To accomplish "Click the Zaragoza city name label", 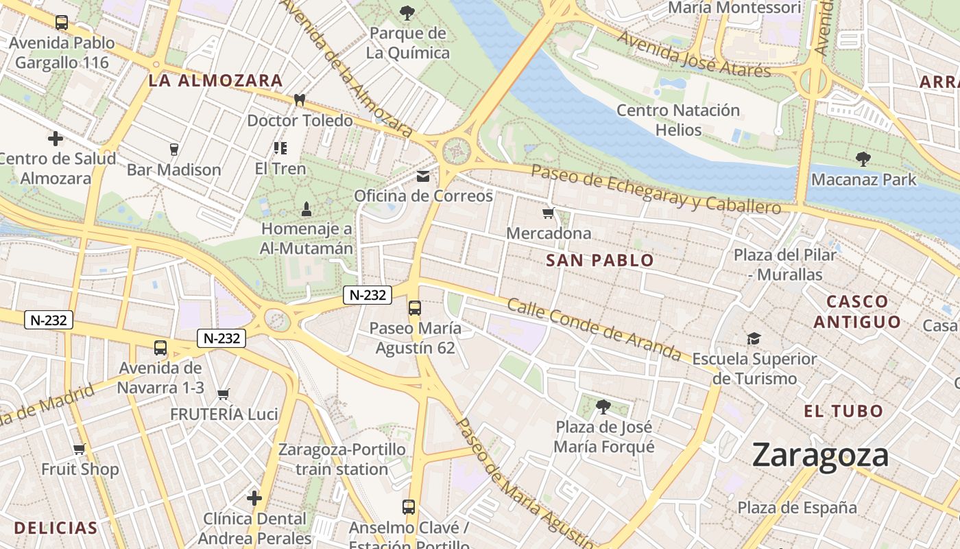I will pyautogui.click(x=820, y=456).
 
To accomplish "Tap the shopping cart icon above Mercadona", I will pyautogui.click(x=548, y=213).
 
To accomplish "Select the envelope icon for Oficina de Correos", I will pyautogui.click(x=423, y=176).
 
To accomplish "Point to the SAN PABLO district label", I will pyautogui.click(x=600, y=261).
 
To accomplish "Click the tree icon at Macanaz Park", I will pyautogui.click(x=863, y=159).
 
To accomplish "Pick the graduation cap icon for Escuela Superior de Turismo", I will pyautogui.click(x=754, y=338).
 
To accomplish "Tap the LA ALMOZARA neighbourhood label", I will pyautogui.click(x=215, y=81).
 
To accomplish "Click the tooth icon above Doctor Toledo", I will pyautogui.click(x=299, y=100).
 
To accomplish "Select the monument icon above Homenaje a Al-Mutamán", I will pyautogui.click(x=307, y=207).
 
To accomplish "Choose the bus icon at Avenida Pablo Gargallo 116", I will pyautogui.click(x=61, y=22).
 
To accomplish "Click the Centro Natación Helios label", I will pyautogui.click(x=678, y=120).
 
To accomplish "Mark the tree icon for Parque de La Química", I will pyautogui.click(x=407, y=12).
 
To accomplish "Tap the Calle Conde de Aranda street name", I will pyautogui.click(x=594, y=329).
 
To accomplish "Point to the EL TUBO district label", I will pyautogui.click(x=843, y=412).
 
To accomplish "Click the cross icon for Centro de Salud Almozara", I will pyautogui.click(x=56, y=139).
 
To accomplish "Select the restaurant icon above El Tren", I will pyautogui.click(x=280, y=148).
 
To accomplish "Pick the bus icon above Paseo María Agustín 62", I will pyautogui.click(x=414, y=307).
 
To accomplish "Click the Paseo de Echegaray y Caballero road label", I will pyautogui.click(x=656, y=189).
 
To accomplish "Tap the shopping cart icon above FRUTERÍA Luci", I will pyautogui.click(x=223, y=394).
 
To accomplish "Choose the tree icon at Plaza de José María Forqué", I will pyautogui.click(x=603, y=407).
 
